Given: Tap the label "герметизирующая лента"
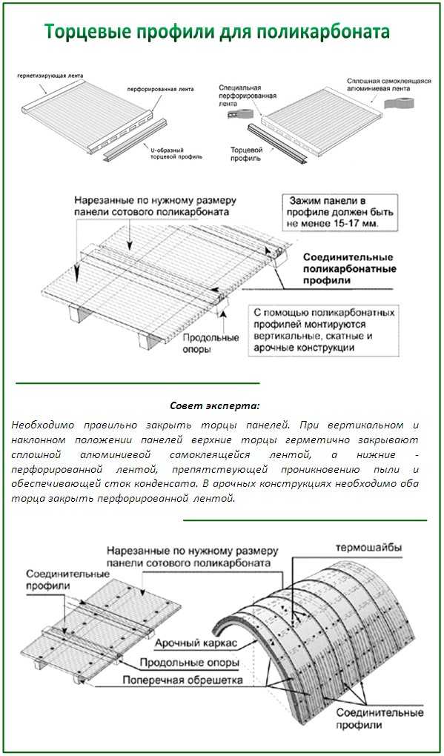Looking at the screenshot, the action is [x=50, y=76].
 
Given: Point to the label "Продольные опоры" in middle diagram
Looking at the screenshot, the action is [x=211, y=343].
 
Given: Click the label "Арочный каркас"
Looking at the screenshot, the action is [x=197, y=643].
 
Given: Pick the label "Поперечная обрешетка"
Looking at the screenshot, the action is [x=182, y=680].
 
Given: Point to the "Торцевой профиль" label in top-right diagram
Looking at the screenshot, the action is [x=246, y=153].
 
